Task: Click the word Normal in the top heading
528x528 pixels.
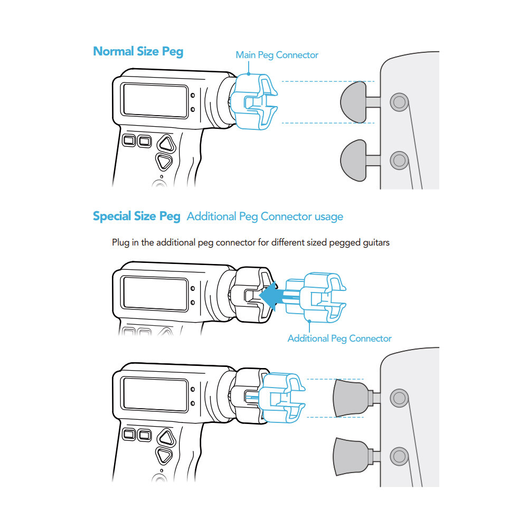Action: (x=112, y=51)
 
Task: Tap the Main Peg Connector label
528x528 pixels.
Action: (x=277, y=55)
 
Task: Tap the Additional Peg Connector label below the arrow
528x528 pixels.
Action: (x=340, y=338)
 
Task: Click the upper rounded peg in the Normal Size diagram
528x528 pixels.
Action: (x=353, y=102)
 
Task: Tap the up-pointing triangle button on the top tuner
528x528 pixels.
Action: (x=166, y=143)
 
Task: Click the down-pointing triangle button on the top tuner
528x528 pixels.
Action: (x=164, y=161)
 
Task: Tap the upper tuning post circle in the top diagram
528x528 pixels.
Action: (x=399, y=101)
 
